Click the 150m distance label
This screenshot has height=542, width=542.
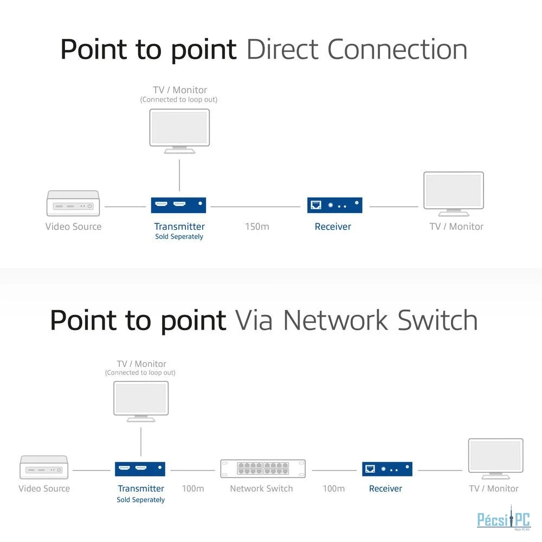257,227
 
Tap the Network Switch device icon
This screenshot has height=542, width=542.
263,469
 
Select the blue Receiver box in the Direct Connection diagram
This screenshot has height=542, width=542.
334,205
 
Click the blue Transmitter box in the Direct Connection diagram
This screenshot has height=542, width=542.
178,205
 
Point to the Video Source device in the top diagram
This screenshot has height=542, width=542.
73,203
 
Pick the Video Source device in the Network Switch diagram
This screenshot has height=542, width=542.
44,467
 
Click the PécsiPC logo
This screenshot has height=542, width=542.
504,519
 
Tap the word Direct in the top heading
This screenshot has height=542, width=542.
282,49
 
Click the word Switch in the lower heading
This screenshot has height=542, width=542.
437,320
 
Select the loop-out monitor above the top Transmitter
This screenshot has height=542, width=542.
179,131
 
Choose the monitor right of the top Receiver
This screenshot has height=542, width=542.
454,194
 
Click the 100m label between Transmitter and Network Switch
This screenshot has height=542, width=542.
193,488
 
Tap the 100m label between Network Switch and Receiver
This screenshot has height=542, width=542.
333,488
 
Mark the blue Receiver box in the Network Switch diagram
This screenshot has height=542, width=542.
387,469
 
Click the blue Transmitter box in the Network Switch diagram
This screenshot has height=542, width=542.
140,469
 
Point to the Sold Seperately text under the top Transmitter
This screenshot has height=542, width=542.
179,237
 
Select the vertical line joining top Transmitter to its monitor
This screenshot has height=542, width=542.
179,175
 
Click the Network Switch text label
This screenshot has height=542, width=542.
261,488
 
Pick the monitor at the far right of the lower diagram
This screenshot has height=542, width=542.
496,459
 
